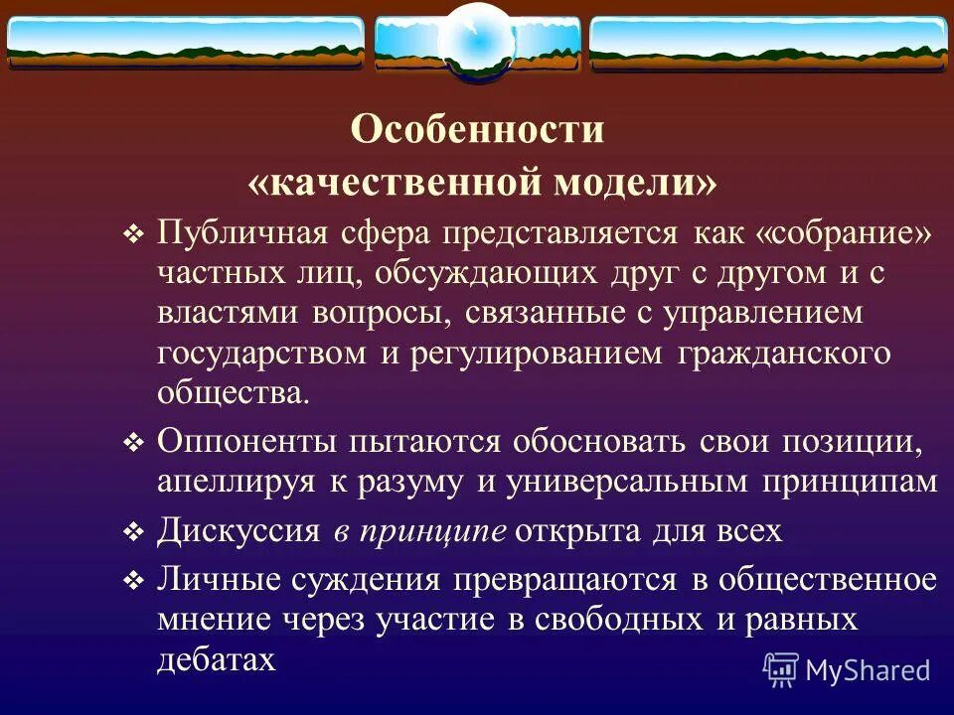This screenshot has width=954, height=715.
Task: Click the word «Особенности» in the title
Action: point(477,131)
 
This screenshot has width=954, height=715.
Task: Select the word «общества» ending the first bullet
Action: point(231,392)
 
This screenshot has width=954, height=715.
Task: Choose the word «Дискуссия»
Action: point(238,531)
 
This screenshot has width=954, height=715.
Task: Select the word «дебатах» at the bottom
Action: point(216,660)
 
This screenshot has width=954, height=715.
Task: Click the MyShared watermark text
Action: point(868,670)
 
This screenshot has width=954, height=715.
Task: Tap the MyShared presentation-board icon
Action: point(781,670)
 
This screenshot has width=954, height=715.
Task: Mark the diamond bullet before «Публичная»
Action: point(133,235)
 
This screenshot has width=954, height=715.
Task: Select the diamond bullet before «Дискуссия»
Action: point(133,533)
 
